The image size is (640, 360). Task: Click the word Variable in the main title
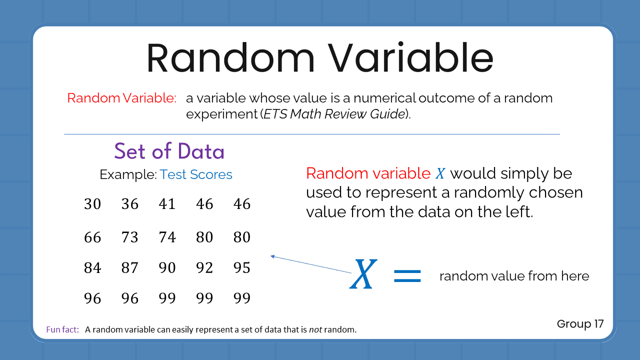pos(410,58)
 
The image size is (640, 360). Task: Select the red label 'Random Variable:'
pos(121,98)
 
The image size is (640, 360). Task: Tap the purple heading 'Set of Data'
pos(169,151)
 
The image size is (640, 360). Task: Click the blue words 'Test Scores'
pos(196,174)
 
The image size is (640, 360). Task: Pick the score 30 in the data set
pos(92,204)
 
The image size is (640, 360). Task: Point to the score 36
pos(129,204)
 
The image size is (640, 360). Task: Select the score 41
pos(167,204)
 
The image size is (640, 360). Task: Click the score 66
pos(92,237)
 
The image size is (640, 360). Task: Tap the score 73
pos(129,237)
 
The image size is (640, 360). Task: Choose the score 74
pos(167,237)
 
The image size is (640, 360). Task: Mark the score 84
pos(92,268)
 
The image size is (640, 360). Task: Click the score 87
pos(129,268)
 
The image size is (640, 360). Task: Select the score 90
pos(167,268)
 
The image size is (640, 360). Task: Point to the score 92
pos(204,268)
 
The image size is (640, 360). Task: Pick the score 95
pos(242,268)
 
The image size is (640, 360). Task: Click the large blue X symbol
pos(362,274)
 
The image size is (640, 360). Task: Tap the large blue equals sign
pos(407,275)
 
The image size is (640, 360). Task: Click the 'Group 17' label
pos(580,324)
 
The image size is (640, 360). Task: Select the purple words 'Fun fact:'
pos(62,329)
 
